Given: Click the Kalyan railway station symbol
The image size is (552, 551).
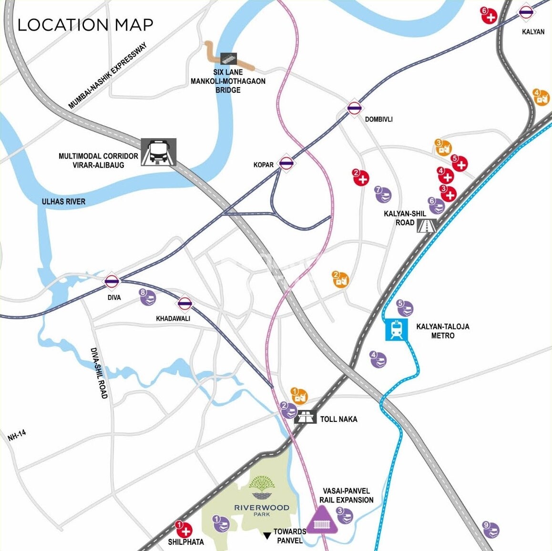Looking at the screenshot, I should click(x=526, y=13).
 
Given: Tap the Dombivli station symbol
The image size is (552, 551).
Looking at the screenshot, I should click(x=354, y=109).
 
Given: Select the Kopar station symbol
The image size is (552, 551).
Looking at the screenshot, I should click(x=286, y=163).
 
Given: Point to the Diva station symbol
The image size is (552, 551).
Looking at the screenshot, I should click(x=112, y=281).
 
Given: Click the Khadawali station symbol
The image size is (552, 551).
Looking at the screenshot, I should click(x=185, y=303).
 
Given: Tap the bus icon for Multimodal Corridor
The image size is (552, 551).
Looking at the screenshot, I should click(x=159, y=152).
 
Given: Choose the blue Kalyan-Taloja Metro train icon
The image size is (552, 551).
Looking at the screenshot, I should click(x=397, y=330).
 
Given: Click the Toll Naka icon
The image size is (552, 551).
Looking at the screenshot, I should click(x=306, y=417).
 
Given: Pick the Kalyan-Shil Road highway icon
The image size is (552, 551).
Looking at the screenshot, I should click(x=427, y=225).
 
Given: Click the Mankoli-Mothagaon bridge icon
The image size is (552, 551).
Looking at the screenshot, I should click(x=229, y=59).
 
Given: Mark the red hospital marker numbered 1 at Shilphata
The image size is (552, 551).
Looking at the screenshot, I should click(x=184, y=530).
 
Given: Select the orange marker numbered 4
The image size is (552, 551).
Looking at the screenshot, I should click(x=541, y=98).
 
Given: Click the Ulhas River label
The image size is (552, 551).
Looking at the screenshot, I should click(x=63, y=201).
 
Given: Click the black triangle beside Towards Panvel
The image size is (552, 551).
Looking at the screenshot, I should click(x=267, y=536).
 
